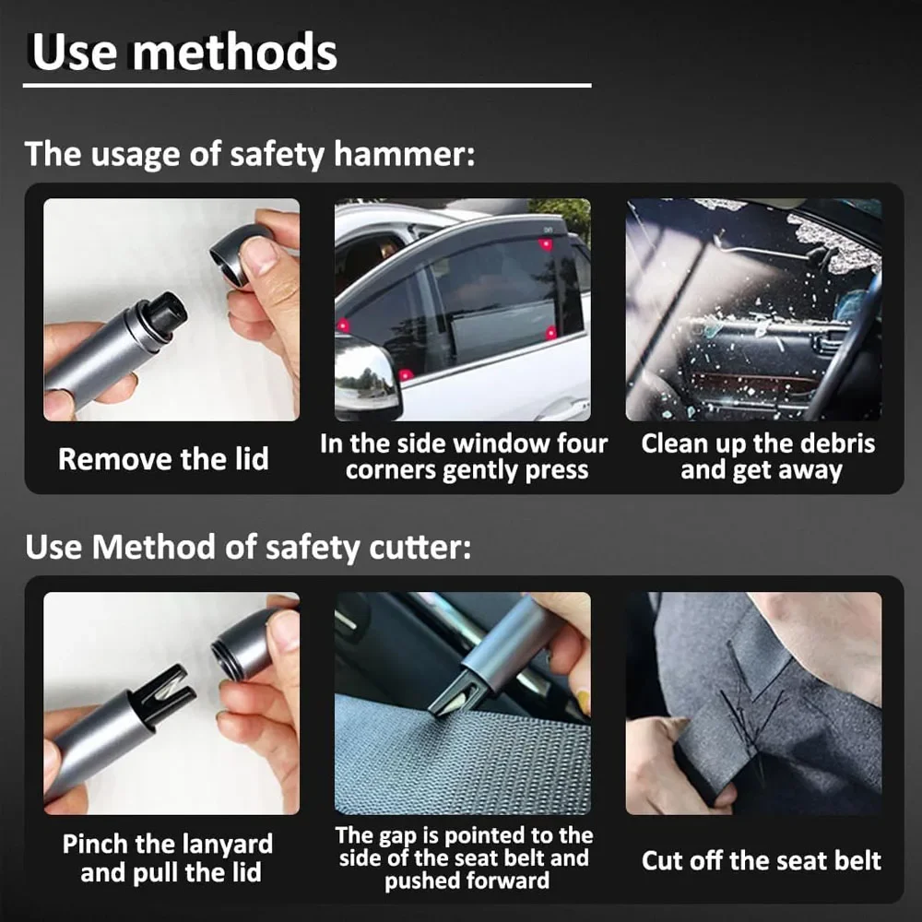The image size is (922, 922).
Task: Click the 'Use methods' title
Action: pyautogui.click(x=184, y=53)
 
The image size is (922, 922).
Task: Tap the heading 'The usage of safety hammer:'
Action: pyautogui.click(x=249, y=153)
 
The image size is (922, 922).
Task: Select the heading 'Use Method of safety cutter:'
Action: pyautogui.click(x=247, y=548)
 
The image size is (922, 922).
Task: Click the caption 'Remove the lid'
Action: pyautogui.click(x=163, y=459)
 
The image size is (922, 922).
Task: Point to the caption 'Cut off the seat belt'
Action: pyautogui.click(x=761, y=860)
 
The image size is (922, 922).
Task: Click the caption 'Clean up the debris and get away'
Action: pyautogui.click(x=758, y=457)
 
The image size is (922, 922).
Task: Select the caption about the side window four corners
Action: pyautogui.click(x=464, y=456)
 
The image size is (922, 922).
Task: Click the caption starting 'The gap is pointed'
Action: pyautogui.click(x=464, y=857)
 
